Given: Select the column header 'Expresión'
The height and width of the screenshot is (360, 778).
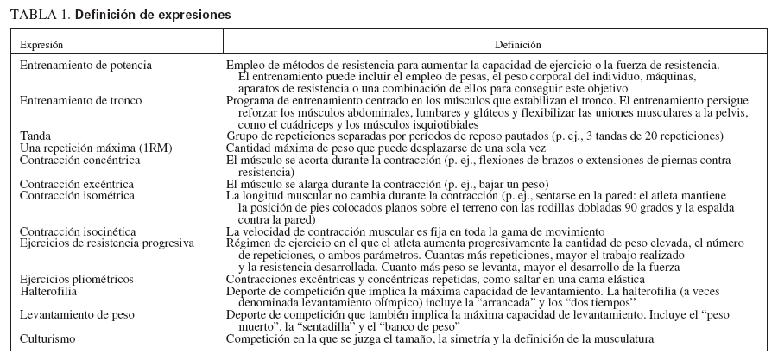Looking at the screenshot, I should click(41, 44).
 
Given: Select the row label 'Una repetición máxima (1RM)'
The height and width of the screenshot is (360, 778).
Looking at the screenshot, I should click(88, 148).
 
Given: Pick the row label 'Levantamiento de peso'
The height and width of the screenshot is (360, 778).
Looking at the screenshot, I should click(76, 314).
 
